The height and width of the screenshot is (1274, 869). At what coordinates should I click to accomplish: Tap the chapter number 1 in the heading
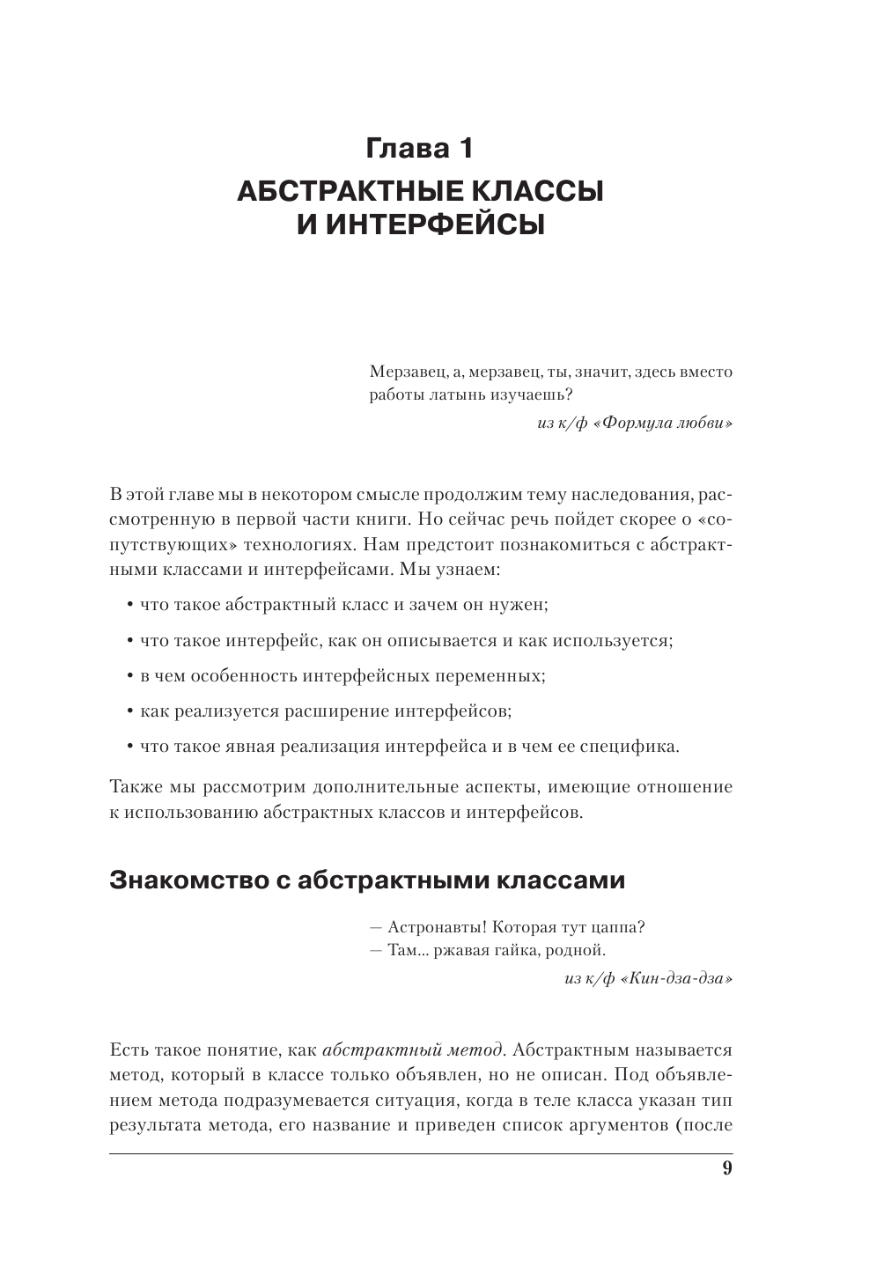465,149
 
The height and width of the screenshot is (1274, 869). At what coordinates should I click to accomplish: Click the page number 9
726,1168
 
